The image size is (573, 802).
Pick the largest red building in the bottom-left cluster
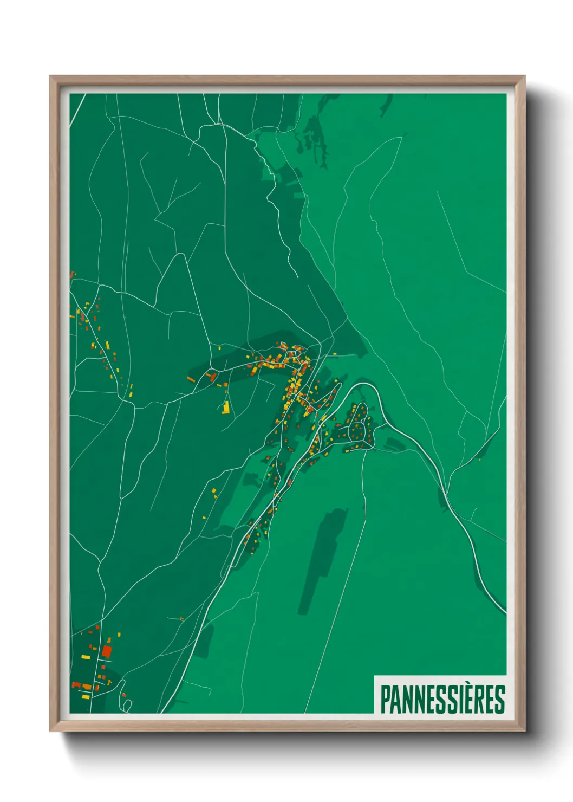(107, 651)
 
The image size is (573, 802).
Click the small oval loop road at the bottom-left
(127, 704)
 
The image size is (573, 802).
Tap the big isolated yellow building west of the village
(226, 407)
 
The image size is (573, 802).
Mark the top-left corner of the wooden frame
(51, 77)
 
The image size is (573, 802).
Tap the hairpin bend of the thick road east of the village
(362, 385)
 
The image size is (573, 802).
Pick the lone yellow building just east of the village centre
(335, 354)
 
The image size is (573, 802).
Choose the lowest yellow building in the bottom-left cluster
(85, 696)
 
